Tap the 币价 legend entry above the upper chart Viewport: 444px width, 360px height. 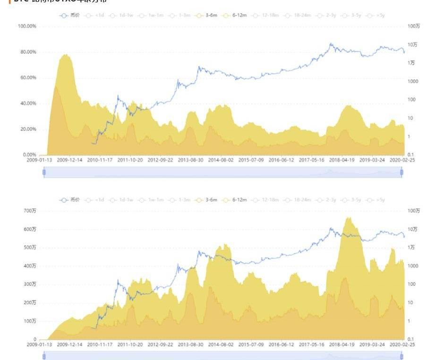pos(70,15)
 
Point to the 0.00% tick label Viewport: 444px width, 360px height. pos(30,154)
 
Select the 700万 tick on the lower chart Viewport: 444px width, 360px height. pos(31,210)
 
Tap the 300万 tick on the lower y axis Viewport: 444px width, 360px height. pos(31,284)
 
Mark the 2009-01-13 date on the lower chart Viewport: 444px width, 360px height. pos(40,345)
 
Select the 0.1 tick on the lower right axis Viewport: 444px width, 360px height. pos(410,339)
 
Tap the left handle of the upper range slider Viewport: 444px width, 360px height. pos(44,172)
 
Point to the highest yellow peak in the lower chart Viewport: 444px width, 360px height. pos(349,218)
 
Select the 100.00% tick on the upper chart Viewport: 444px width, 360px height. pos(27,26)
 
